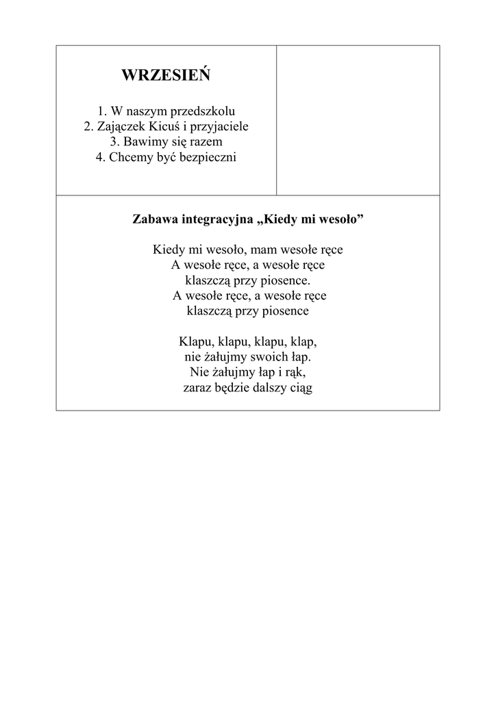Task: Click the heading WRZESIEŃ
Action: (x=166, y=76)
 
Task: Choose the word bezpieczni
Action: (x=208, y=158)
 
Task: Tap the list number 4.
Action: (x=99, y=158)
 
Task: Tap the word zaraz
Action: (x=198, y=389)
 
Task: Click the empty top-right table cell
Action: (x=358, y=120)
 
